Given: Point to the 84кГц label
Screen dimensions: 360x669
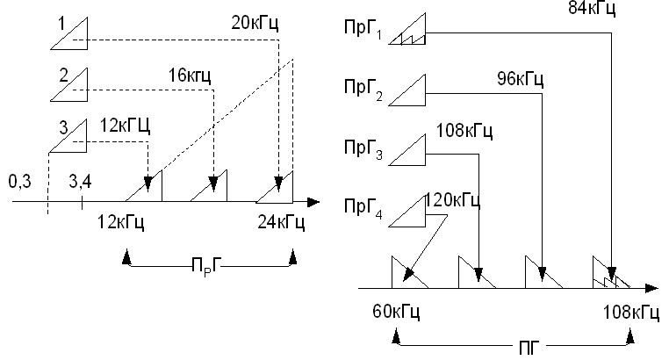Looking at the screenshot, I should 593,10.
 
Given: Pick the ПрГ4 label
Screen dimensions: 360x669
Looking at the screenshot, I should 362,211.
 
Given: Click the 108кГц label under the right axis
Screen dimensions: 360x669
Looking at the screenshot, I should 630,310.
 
